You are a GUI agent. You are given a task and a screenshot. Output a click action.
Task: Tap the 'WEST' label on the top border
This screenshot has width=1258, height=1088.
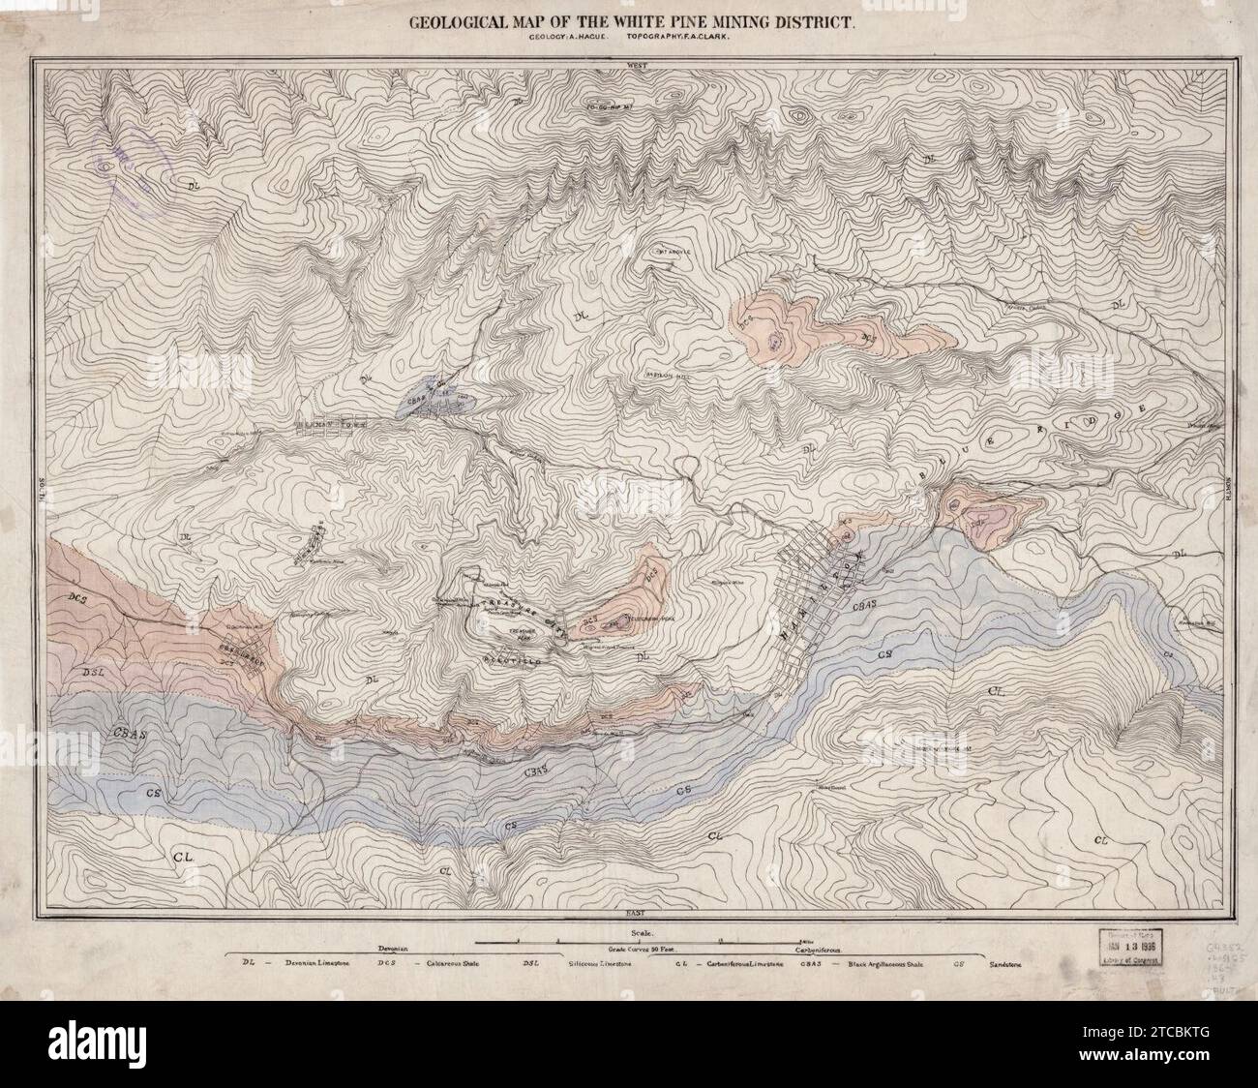[x=636, y=66]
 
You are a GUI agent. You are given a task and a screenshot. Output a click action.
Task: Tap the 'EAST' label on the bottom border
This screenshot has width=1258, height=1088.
[x=636, y=912]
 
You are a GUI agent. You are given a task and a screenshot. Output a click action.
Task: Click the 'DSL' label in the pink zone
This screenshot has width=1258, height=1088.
[x=94, y=671]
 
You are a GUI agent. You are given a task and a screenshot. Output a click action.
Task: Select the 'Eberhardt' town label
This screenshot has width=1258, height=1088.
[x=225, y=647]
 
